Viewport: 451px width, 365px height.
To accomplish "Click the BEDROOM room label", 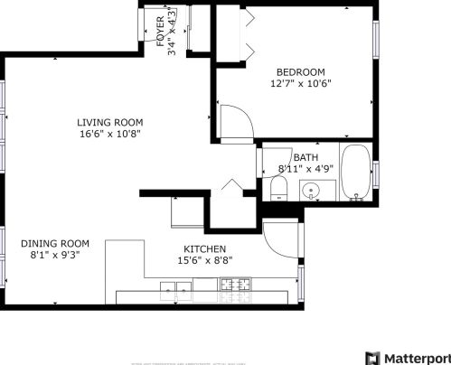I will (x=299, y=71).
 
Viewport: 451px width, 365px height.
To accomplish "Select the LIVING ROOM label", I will (x=109, y=122).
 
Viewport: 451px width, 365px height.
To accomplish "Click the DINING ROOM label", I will (x=55, y=243).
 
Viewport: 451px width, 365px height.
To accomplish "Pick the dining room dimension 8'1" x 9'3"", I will (x=55, y=256).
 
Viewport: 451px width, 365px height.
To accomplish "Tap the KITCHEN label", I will (x=204, y=248).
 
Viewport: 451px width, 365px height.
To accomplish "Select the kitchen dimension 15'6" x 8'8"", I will (x=204, y=261).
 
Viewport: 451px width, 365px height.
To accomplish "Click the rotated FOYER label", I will (x=161, y=31).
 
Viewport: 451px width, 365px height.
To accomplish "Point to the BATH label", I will (x=305, y=157).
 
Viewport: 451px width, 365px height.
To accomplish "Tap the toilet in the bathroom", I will (x=279, y=189).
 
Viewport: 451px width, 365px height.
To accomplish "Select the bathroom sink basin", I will (x=311, y=191).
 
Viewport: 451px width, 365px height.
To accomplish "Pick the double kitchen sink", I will (x=176, y=289).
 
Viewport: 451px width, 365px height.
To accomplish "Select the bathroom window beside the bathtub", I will (x=375, y=173).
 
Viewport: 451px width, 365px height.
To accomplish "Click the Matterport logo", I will (x=406, y=356).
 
